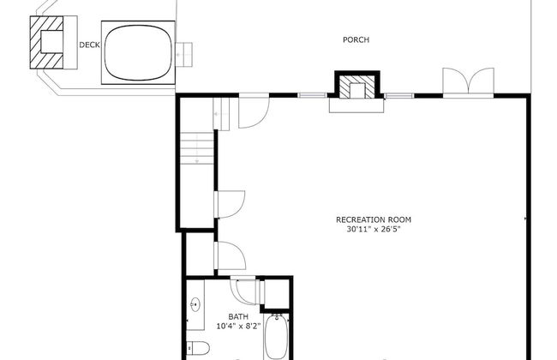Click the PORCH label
(x=356, y=39)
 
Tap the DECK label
(x=89, y=45)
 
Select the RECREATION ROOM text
(x=374, y=219)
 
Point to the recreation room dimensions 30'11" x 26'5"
(x=374, y=229)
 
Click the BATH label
(x=238, y=316)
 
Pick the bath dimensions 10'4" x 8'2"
(x=239, y=326)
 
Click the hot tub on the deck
(x=138, y=52)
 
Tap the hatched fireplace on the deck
(x=46, y=42)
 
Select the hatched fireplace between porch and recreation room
(x=357, y=86)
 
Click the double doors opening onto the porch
(x=468, y=82)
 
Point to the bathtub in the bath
(x=276, y=337)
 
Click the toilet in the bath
(x=198, y=348)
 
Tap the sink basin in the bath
(x=195, y=304)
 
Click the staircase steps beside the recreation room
(x=197, y=148)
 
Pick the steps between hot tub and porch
(x=184, y=54)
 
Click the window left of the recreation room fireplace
(x=312, y=95)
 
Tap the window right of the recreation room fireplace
(x=399, y=95)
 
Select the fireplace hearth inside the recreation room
(x=356, y=105)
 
